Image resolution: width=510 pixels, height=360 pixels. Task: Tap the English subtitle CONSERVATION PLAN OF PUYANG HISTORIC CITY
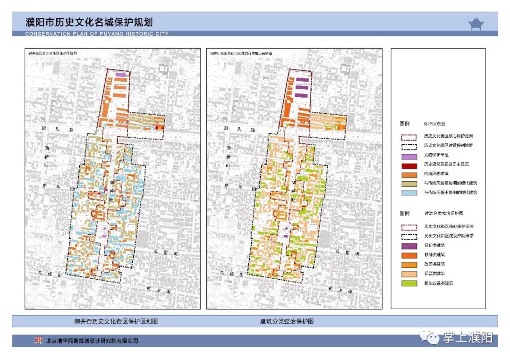[97, 34]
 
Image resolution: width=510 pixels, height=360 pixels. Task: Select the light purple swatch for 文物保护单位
[409, 156]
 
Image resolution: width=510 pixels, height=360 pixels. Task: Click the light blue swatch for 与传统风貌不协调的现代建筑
[409, 193]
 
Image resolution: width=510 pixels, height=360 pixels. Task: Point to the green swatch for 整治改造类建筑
[409, 284]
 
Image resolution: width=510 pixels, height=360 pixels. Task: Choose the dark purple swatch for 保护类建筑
[409, 246]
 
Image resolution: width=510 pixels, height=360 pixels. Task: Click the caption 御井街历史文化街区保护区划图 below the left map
[116, 321]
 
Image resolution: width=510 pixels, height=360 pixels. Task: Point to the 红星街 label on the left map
[166, 253]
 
